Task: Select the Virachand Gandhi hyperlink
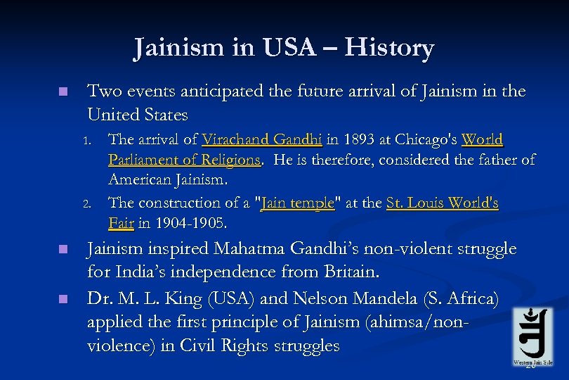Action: point(256,139)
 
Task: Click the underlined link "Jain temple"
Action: point(297,203)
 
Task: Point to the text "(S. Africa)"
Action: point(464,298)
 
